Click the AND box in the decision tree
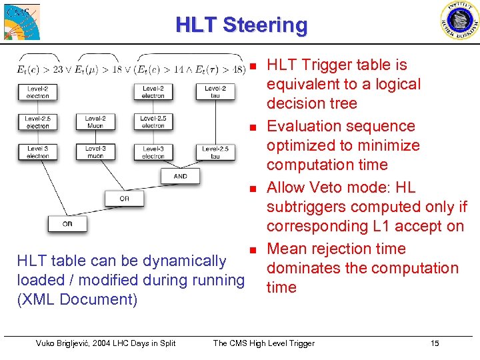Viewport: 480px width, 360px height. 180,177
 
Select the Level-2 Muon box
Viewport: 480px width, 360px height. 95,122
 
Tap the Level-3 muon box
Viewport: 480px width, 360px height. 95,152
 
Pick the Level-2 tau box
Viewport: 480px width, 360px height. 215,92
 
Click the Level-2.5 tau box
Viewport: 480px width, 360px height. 215,153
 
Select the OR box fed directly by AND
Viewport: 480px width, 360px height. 124,198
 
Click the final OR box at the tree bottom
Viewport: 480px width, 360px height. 67,224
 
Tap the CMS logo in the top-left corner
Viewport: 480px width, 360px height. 21,21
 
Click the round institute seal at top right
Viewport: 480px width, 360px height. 459,21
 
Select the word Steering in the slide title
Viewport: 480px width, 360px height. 265,25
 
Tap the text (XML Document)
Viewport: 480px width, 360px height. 77,299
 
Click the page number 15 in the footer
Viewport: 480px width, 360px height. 435,343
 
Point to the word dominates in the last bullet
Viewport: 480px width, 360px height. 299,268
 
